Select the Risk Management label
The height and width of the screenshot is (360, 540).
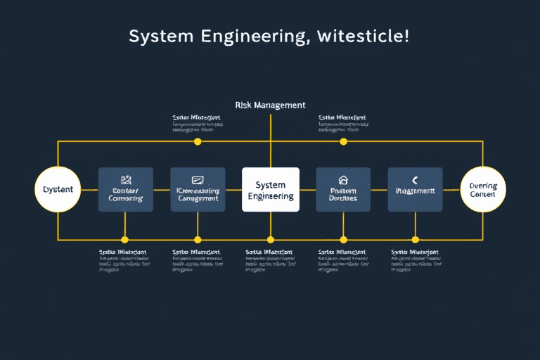click(x=270, y=105)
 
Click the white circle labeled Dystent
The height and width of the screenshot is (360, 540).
click(x=58, y=190)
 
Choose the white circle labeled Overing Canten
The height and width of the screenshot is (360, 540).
click(x=483, y=190)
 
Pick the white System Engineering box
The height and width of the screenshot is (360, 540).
click(x=270, y=190)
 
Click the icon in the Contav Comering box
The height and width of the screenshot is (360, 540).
click(x=126, y=180)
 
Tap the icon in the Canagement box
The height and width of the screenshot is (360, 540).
click(x=198, y=180)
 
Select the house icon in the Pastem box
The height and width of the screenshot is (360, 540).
click(x=343, y=180)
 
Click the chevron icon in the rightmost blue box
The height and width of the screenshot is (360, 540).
click(x=415, y=180)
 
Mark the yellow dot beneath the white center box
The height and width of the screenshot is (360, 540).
click(x=270, y=239)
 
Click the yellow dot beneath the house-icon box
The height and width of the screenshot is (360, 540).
click(x=343, y=239)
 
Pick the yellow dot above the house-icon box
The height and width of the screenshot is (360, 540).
click(x=343, y=141)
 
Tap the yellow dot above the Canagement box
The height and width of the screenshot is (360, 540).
click(x=198, y=141)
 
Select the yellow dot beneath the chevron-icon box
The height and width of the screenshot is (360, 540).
click(x=415, y=239)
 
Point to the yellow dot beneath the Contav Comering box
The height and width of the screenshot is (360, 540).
click(x=125, y=239)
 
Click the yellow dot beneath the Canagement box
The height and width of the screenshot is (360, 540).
click(x=198, y=239)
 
